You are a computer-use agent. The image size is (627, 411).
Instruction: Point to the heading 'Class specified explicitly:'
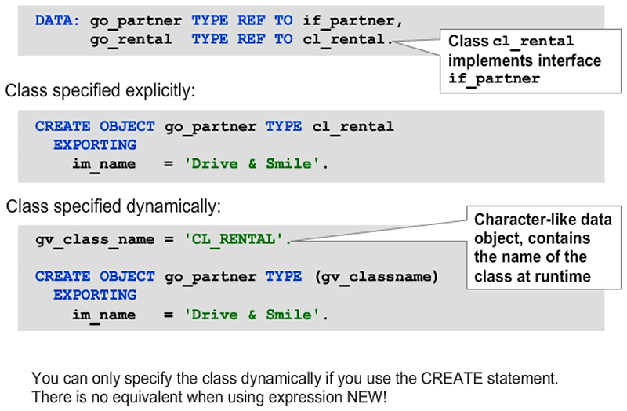pos(100,91)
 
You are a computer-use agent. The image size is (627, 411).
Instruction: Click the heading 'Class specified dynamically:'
pos(114,207)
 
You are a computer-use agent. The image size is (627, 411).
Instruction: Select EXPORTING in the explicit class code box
pos(95,144)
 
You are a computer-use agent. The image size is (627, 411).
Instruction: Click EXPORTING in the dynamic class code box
pos(95,295)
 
